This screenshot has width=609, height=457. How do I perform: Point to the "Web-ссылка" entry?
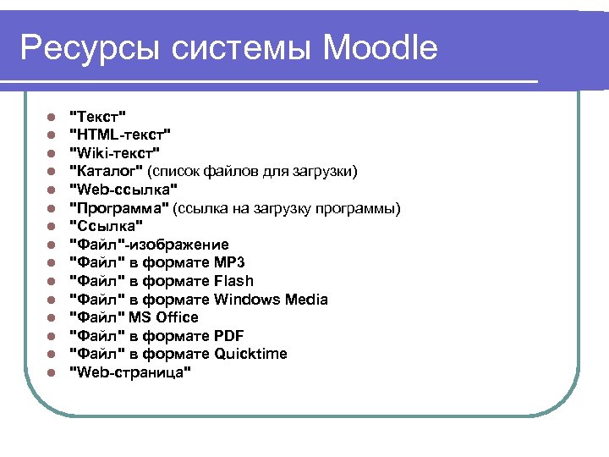tap(123, 190)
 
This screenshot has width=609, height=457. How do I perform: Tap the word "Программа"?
tap(118, 208)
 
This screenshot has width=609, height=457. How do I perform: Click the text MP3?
tap(230, 262)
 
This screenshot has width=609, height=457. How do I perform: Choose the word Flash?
tap(234, 281)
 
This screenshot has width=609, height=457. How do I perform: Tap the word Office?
tap(176, 317)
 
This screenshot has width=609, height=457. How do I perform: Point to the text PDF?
tap(229, 336)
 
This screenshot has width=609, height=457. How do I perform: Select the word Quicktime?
tap(251, 354)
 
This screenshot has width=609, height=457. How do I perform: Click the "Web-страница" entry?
tap(129, 372)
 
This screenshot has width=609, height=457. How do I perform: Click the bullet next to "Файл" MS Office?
tap(51, 318)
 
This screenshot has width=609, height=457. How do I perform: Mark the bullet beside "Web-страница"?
tap(51, 373)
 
